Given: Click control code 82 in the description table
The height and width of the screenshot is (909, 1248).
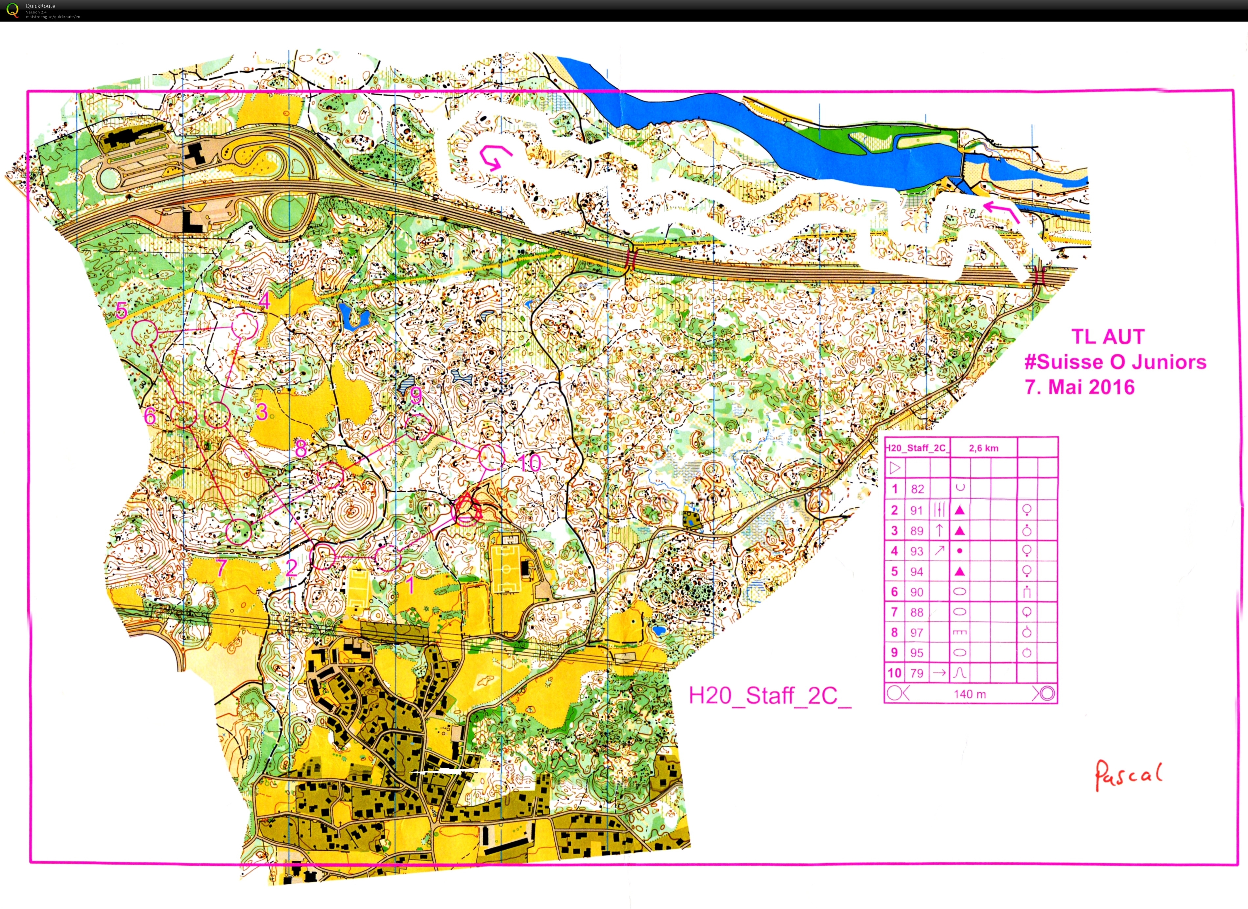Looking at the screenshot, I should pos(917,489).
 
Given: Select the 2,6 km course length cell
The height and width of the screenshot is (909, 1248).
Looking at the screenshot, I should pos(983,448).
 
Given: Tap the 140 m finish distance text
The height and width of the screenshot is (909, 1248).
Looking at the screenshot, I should pos(970,694).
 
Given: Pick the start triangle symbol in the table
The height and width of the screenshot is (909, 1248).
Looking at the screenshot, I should pos(895,468).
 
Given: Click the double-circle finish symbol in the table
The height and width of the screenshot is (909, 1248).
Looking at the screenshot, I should pos(1047,693).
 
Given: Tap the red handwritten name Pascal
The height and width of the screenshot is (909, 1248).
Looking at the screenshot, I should pos(1127,775).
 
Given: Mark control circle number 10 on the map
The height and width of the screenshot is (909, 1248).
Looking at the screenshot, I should pos(492,457).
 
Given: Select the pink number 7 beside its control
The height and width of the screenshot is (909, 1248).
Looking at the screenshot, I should pos(221,567).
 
